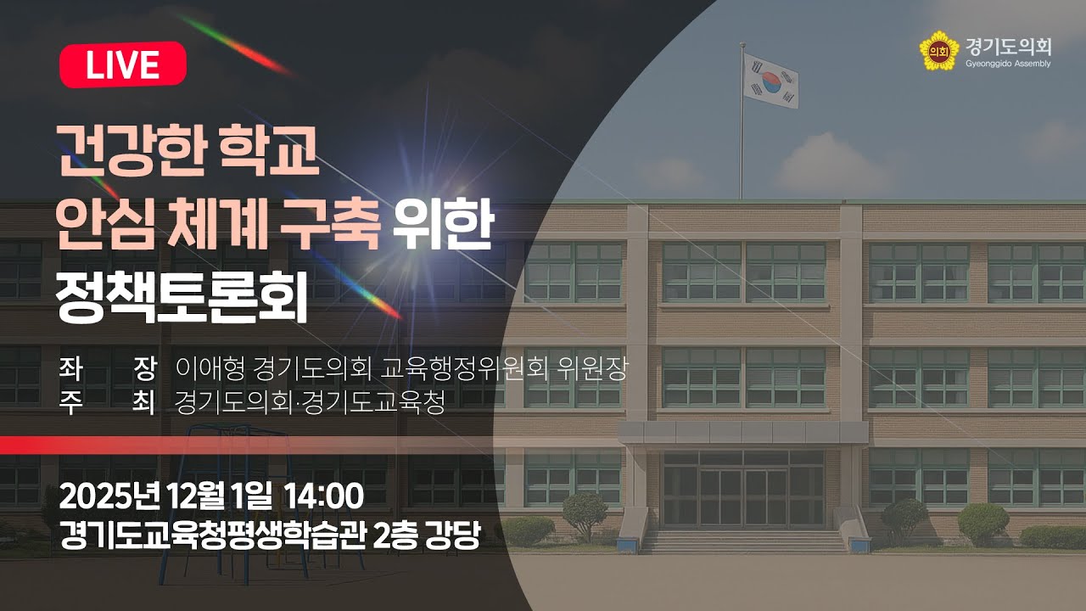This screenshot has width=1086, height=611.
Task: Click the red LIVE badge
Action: tap(123, 64)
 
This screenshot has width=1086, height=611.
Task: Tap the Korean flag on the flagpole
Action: tap(770, 81)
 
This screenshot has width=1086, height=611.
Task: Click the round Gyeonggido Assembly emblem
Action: tap(938, 51)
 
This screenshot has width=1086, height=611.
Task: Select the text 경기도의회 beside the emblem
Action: tap(1007, 45)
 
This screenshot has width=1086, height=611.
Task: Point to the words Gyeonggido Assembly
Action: tap(1007, 64)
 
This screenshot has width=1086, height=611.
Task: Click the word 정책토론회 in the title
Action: tap(181, 300)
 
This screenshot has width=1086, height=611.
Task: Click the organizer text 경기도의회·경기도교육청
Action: tap(309, 402)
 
